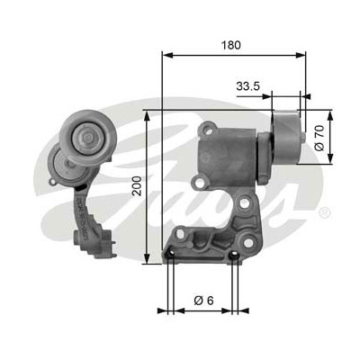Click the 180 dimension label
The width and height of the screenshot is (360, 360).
pos(231,45)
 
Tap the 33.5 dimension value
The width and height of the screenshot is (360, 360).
pos(247,86)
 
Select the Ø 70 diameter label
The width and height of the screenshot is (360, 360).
pos(319,138)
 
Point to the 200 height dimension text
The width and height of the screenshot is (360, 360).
pos(137,186)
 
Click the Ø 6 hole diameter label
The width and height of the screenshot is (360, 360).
pos(203,300)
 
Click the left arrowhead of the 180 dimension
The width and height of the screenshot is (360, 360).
pos(167,55)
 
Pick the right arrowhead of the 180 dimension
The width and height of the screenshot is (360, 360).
pos(301,55)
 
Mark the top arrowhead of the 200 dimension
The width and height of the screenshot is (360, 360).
pos(147,116)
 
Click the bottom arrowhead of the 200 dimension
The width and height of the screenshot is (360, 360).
pos(147,258)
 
